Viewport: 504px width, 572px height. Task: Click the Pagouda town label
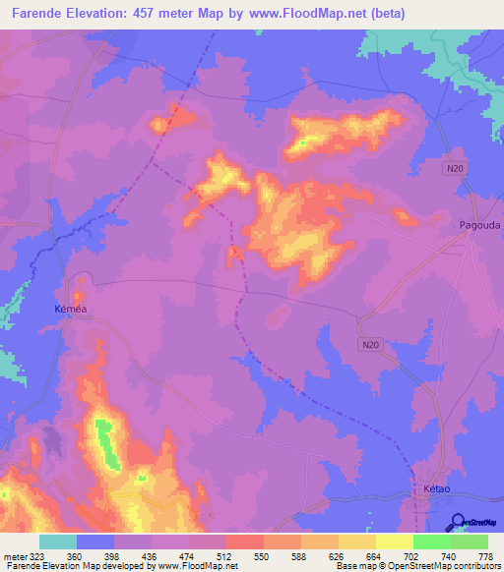click(x=479, y=225)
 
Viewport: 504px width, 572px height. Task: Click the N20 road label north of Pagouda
click(x=453, y=169)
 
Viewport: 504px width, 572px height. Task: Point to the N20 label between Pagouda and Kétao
click(x=369, y=344)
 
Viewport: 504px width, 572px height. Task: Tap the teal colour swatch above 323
click(x=58, y=542)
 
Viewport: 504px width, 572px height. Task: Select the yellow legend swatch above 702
click(x=395, y=542)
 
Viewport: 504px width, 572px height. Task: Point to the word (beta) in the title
click(x=385, y=14)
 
